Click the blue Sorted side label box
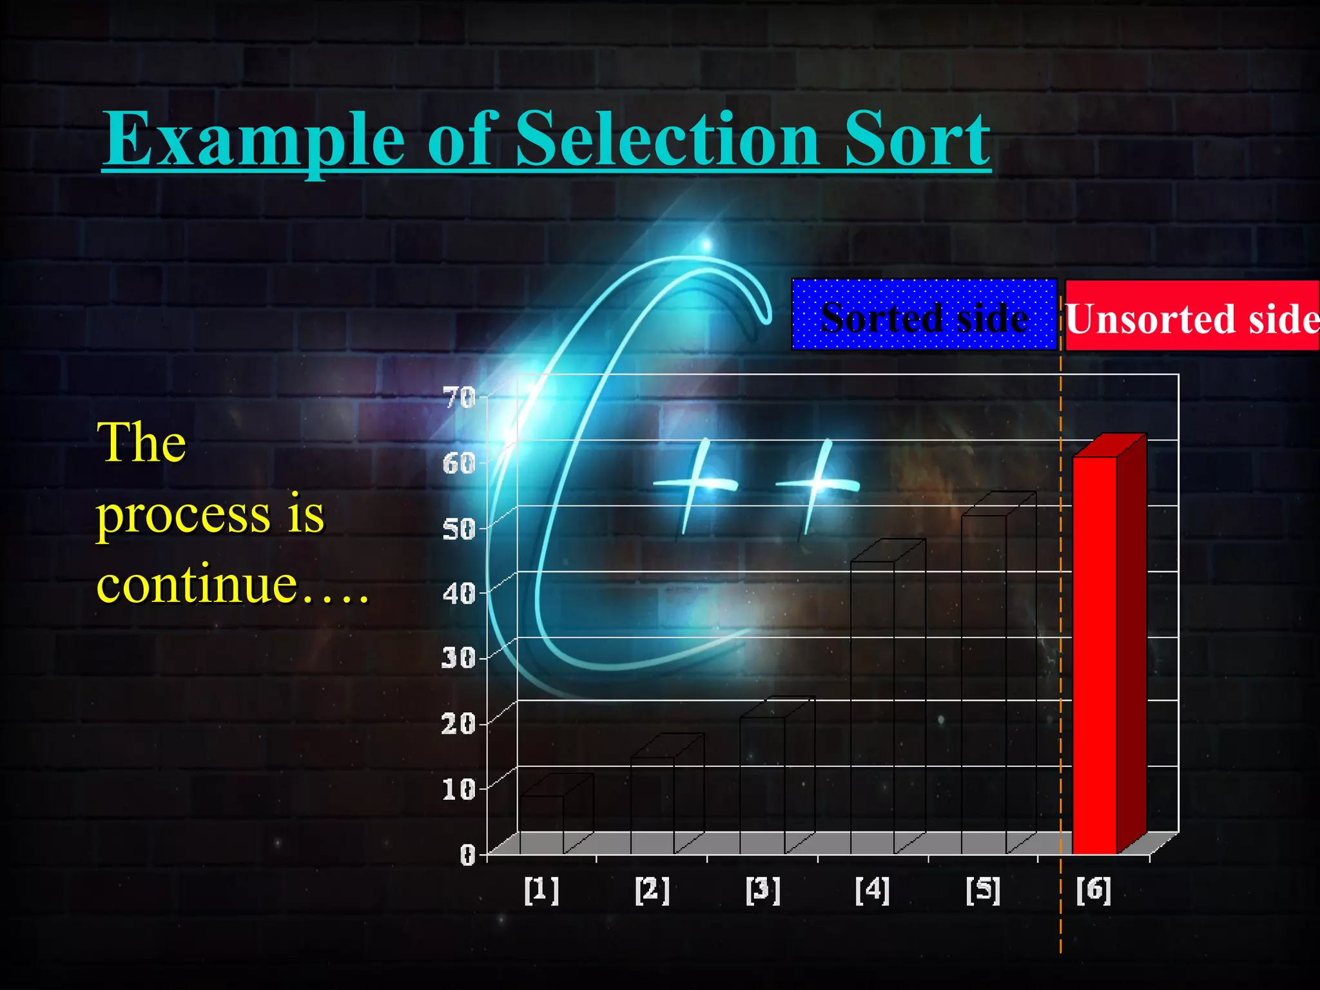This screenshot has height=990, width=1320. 924,315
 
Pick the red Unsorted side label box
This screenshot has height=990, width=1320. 1192,316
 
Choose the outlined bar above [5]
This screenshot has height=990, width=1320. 984,683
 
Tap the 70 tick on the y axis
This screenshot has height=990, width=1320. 460,398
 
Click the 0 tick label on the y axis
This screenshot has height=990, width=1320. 467,855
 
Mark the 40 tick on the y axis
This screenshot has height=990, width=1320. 459,593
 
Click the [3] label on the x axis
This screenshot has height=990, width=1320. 762,890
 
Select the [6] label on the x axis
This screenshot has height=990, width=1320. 1094,890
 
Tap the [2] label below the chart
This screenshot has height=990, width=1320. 652,890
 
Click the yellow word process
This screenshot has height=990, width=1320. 183,516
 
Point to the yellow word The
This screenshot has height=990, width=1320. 142,443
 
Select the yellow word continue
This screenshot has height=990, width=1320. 197,584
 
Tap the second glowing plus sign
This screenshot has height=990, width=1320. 817,485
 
